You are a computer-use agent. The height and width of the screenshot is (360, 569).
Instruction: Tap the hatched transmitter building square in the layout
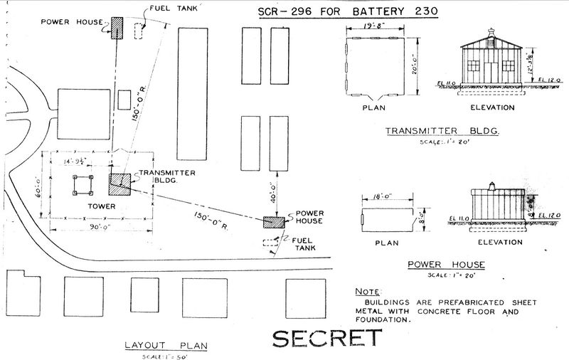pyautogui.click(x=119, y=184)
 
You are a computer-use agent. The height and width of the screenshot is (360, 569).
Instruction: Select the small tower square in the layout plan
pyautogui.click(x=84, y=184)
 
